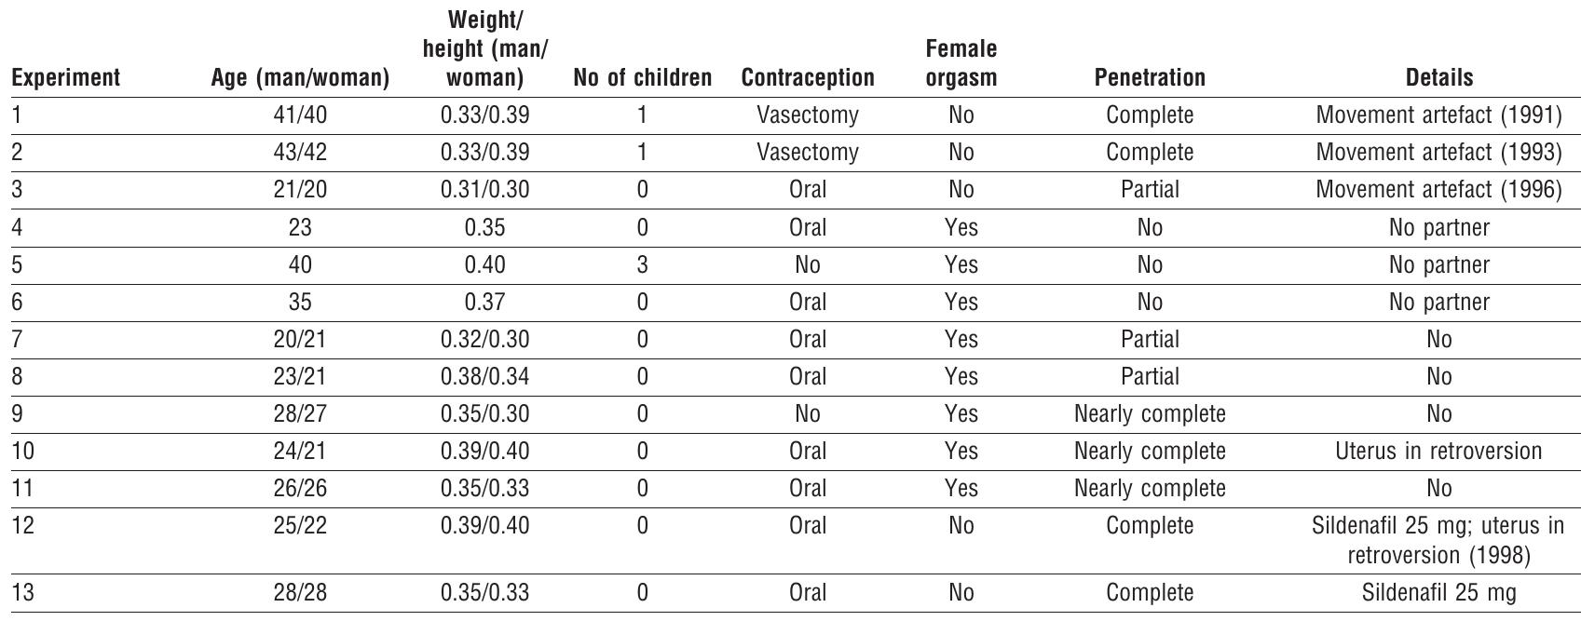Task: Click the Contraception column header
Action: tap(807, 78)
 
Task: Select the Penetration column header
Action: tap(1150, 78)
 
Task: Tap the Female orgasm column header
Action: tap(961, 63)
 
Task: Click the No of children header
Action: tap(642, 78)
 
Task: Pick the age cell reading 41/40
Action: tap(300, 115)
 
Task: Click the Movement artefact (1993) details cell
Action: tap(1438, 153)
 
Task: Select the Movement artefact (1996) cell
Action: tap(1438, 190)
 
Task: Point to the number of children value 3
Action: tap(642, 264)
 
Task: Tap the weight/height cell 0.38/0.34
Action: tap(484, 376)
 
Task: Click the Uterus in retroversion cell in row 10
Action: tap(1438, 451)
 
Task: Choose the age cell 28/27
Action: tap(300, 413)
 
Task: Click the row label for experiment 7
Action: tap(18, 339)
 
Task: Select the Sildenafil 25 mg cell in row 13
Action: tap(1438, 592)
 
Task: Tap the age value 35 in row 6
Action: tap(300, 302)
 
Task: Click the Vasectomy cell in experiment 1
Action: tap(807, 115)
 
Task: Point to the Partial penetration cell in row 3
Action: tap(1150, 190)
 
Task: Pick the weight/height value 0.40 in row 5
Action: tap(484, 264)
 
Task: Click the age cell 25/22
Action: tap(300, 525)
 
